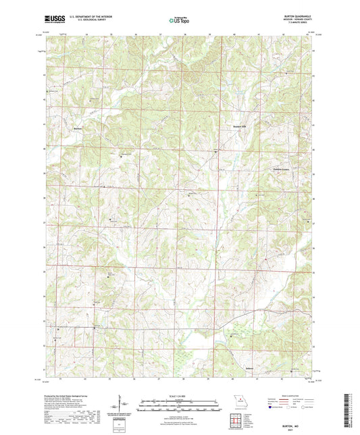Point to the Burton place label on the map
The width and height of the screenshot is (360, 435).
[78, 128]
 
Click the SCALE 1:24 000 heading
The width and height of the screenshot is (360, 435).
[179, 395]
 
